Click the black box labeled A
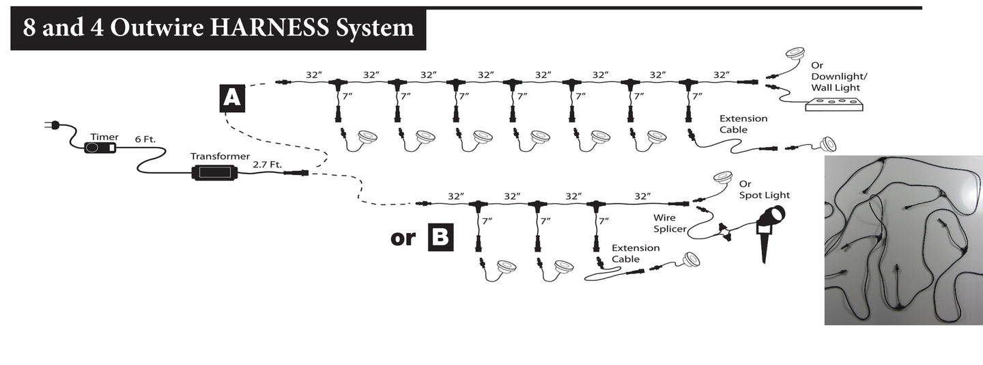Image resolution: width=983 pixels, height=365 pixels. coord(232,98)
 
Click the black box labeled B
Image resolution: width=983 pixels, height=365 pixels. coord(440,237)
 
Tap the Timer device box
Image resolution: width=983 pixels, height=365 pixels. coord(100,148)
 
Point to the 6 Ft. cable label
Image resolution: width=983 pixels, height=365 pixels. coord(145,139)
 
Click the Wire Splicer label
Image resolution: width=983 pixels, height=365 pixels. coord(670,224)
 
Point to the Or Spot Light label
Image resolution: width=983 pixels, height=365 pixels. coord(764,190)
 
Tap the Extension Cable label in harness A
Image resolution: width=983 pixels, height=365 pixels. coord(743,124)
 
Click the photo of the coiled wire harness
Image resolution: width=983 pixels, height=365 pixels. coord(903,239)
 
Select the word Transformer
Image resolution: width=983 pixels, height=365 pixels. coord(220,156)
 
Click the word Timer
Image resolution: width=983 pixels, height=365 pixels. coord(104,137)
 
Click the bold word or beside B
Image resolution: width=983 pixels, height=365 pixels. coord(403,238)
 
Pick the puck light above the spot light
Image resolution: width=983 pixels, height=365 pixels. coord(723,178)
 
